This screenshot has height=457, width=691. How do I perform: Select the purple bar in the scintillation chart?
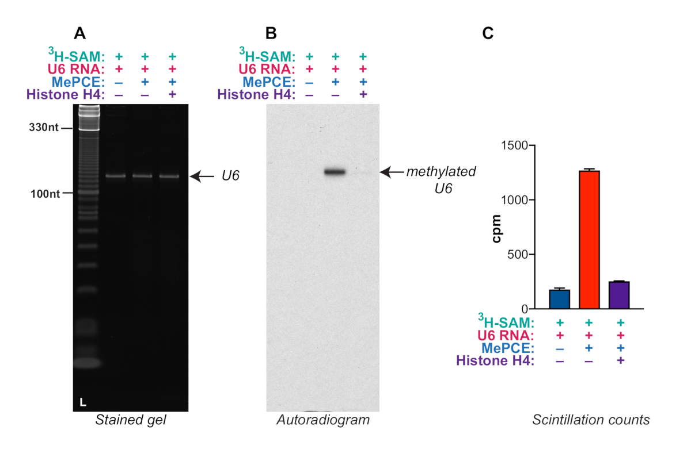619,295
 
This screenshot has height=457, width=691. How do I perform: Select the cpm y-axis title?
496,228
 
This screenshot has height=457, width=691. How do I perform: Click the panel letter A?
80,33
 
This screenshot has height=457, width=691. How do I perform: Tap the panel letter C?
487,33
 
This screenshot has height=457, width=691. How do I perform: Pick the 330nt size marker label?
44,128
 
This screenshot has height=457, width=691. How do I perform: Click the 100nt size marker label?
44,194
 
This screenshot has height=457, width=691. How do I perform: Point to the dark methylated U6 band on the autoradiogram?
335,171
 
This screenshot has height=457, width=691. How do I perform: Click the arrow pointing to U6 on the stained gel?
204,176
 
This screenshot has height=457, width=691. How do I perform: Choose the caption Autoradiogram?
323,420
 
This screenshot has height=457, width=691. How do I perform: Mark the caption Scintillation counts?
591,420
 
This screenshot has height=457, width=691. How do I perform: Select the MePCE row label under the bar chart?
509,348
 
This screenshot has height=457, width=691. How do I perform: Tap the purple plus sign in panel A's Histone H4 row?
172,94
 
